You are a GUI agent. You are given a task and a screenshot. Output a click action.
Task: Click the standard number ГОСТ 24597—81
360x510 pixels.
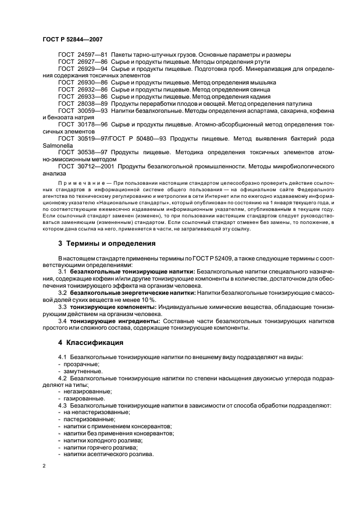coord(83,54)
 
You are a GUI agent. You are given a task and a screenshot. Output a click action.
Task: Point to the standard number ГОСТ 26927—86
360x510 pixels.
coord(83,62)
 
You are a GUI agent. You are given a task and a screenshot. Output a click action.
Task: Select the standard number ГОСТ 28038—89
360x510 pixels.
coord(83,102)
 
